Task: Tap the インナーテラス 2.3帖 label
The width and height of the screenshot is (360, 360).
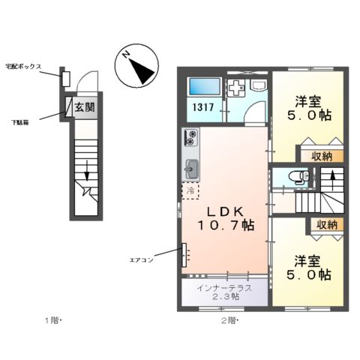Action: click(x=224, y=292)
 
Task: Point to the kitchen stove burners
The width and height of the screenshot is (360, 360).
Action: click(x=190, y=138)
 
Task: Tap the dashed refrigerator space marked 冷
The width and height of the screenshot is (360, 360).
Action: click(x=190, y=190)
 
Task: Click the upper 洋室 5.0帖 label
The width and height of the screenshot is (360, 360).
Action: click(x=309, y=109)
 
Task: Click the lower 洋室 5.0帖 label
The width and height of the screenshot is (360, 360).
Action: click(x=310, y=268)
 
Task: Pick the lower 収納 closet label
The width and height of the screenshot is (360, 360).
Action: click(x=325, y=224)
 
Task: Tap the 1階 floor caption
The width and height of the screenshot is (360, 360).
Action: click(x=51, y=321)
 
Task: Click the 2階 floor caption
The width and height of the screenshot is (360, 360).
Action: click(x=229, y=321)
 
